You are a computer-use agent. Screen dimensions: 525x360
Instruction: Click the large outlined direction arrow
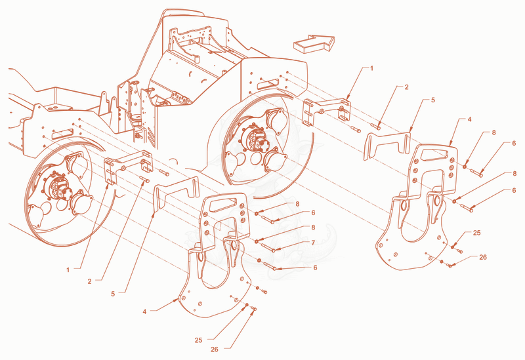coord(314,43)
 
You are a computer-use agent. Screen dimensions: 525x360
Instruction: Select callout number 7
coord(313,243)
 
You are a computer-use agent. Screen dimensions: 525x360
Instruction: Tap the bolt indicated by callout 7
coord(268,248)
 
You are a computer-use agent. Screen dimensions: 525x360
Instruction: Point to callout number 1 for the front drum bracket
coord(371,68)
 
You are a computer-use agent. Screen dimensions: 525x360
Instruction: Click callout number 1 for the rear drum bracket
coord(68,270)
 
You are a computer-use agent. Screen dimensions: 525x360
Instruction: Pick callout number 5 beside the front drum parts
coord(432,100)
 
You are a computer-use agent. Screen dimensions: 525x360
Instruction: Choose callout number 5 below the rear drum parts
coord(113,294)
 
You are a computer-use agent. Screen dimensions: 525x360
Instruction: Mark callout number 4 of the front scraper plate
coord(469,119)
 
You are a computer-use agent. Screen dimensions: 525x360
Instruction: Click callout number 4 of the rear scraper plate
coord(144,311)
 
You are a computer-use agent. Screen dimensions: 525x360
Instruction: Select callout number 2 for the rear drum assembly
coord(89,282)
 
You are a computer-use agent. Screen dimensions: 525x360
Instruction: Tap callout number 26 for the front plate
coord(483,257)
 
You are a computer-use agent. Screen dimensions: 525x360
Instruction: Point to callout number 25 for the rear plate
coord(199,340)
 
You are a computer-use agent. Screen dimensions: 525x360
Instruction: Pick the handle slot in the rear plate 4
coord(224,205)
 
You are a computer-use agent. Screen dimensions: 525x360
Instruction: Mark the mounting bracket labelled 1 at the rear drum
coord(129,165)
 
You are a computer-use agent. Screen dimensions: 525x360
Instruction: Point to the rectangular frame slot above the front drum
coord(268,83)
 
